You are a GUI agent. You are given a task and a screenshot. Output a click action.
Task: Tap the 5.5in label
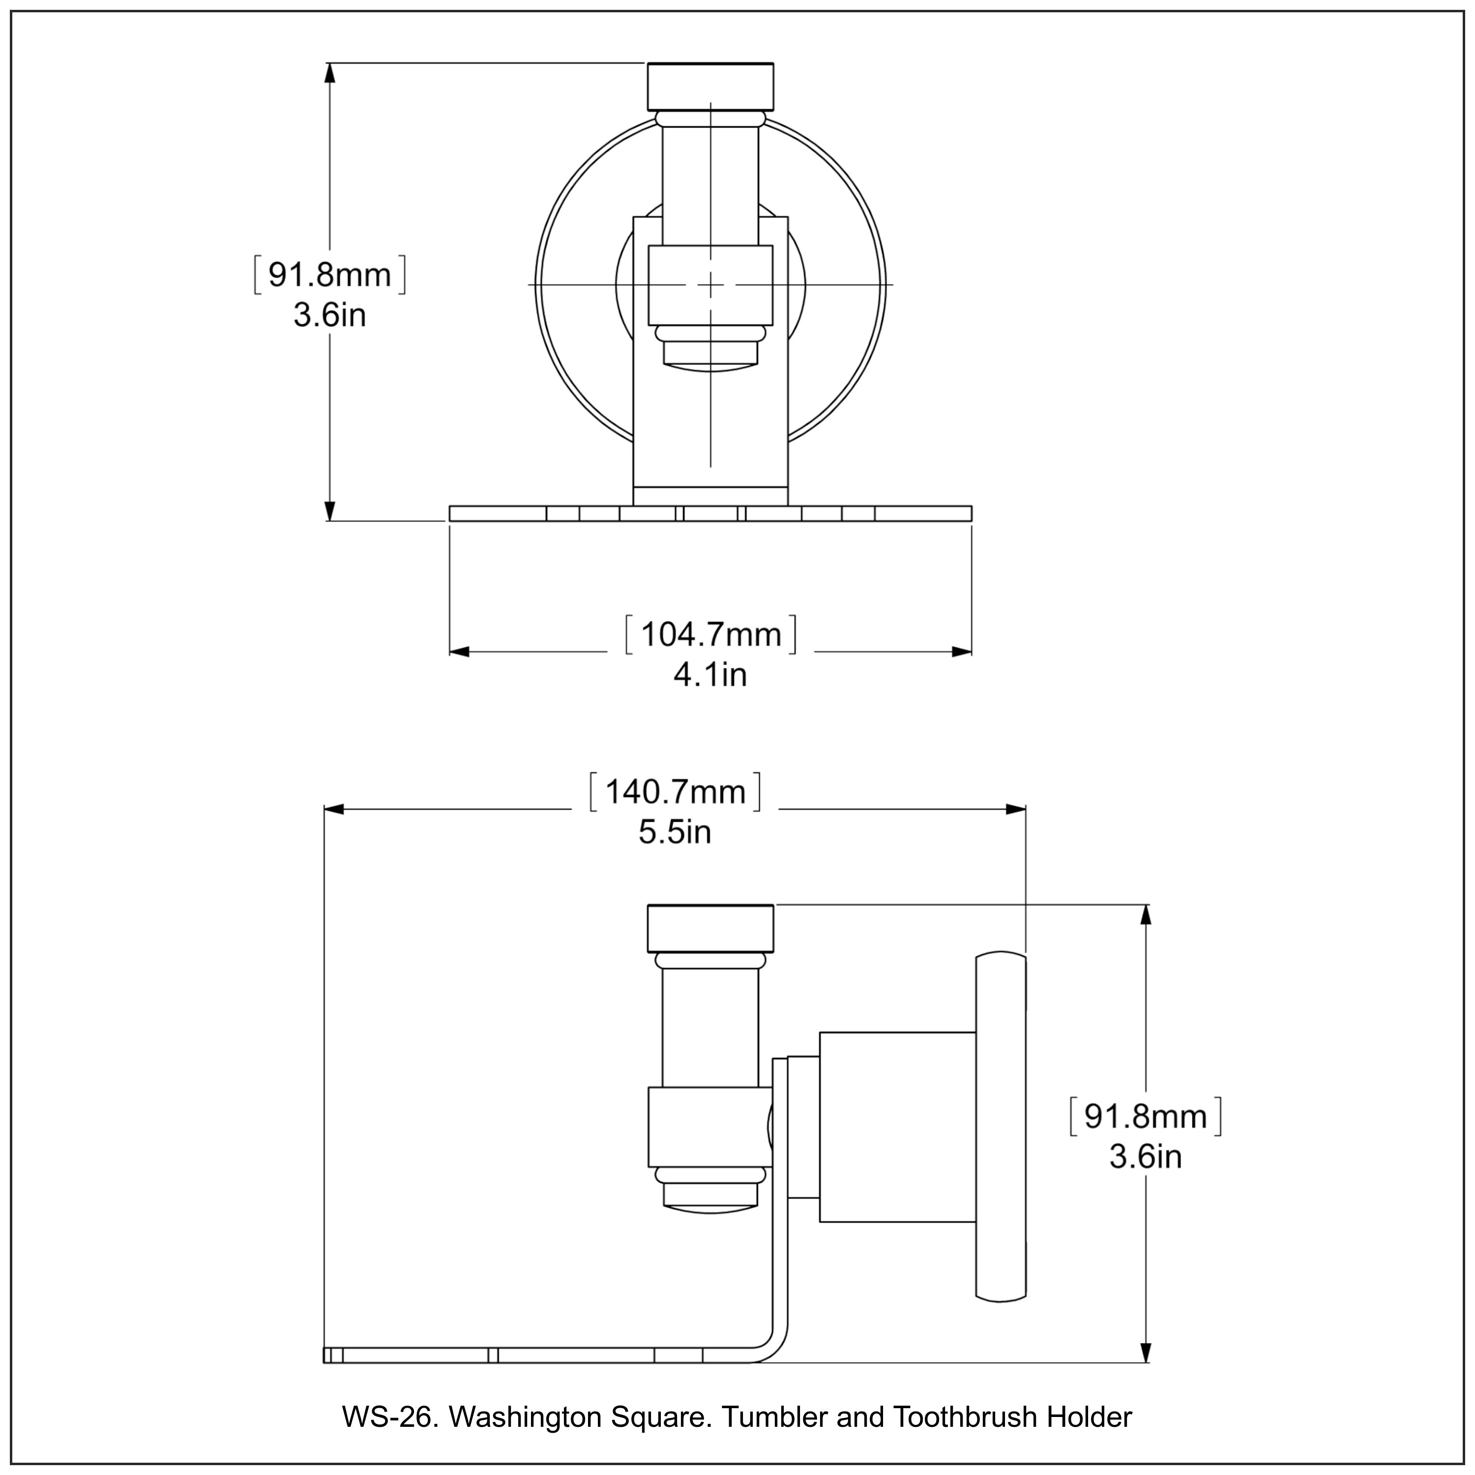click(x=675, y=832)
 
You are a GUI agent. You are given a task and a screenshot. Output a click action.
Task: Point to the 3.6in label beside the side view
click(x=1145, y=1156)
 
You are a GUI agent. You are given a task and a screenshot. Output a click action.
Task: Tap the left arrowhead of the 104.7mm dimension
click(x=458, y=651)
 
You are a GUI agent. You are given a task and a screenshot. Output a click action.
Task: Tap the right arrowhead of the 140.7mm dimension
click(x=1016, y=809)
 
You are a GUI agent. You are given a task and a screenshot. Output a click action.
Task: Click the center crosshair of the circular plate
click(x=711, y=285)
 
